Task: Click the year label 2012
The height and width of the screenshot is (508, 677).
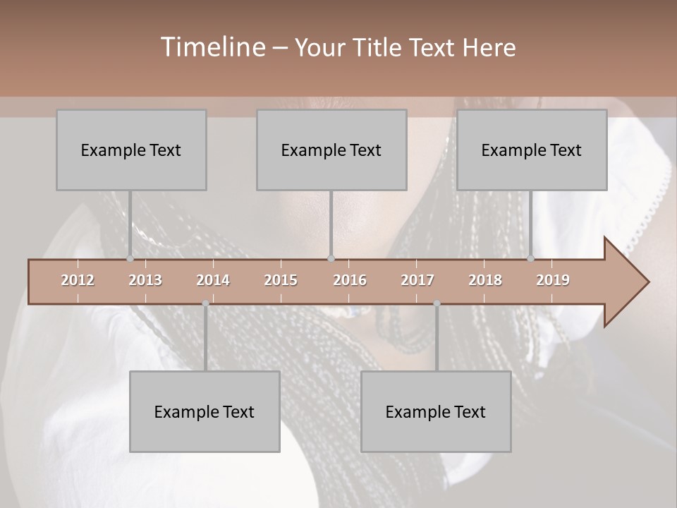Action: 78,280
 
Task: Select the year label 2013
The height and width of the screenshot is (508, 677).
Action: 145,280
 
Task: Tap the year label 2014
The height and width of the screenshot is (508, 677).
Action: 213,280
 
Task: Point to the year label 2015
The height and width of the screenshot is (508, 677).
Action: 281,280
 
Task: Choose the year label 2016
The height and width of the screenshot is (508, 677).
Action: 350,280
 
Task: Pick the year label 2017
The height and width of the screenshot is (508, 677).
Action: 417,280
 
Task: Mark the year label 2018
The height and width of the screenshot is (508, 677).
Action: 485,280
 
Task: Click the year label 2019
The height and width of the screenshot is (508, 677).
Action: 553,280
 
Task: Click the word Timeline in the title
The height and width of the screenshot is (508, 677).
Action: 212,47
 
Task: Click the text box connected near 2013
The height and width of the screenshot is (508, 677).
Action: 131,150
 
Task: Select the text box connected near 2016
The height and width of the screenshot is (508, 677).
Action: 331,150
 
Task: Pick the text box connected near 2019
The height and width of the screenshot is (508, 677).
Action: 532,150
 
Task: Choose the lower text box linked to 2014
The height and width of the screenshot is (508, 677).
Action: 205,411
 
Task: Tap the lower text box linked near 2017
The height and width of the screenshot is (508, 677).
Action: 436,411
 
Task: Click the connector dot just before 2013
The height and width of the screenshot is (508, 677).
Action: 130,258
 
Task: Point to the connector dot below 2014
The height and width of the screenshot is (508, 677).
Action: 205,303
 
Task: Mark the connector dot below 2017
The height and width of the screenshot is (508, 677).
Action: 437,303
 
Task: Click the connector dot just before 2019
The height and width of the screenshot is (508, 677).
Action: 531,258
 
